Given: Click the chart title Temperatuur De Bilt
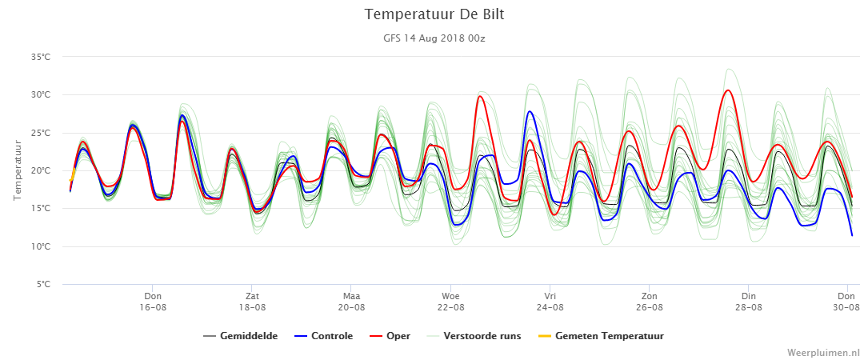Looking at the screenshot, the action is click(x=434, y=15).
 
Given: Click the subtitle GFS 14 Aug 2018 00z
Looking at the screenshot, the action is click(x=434, y=38).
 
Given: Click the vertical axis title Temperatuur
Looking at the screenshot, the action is click(x=18, y=170).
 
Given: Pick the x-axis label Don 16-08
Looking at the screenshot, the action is click(x=153, y=302).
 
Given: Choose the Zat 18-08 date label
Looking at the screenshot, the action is click(x=252, y=302).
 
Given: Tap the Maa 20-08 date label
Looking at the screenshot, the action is click(x=351, y=302).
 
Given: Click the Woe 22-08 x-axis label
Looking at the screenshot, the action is click(x=450, y=302).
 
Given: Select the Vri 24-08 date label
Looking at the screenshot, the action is click(x=550, y=302).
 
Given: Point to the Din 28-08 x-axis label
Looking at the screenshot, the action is click(x=749, y=302).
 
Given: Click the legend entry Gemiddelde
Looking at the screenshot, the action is click(x=240, y=336).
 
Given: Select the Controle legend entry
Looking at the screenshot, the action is click(x=324, y=336).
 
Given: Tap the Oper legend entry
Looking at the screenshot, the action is click(x=390, y=336).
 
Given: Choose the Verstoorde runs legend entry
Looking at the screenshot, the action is click(x=474, y=336).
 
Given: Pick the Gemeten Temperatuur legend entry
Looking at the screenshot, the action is click(x=601, y=336).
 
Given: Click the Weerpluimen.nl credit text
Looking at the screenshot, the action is click(x=824, y=352).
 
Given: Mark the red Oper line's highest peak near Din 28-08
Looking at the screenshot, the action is click(x=728, y=90).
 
